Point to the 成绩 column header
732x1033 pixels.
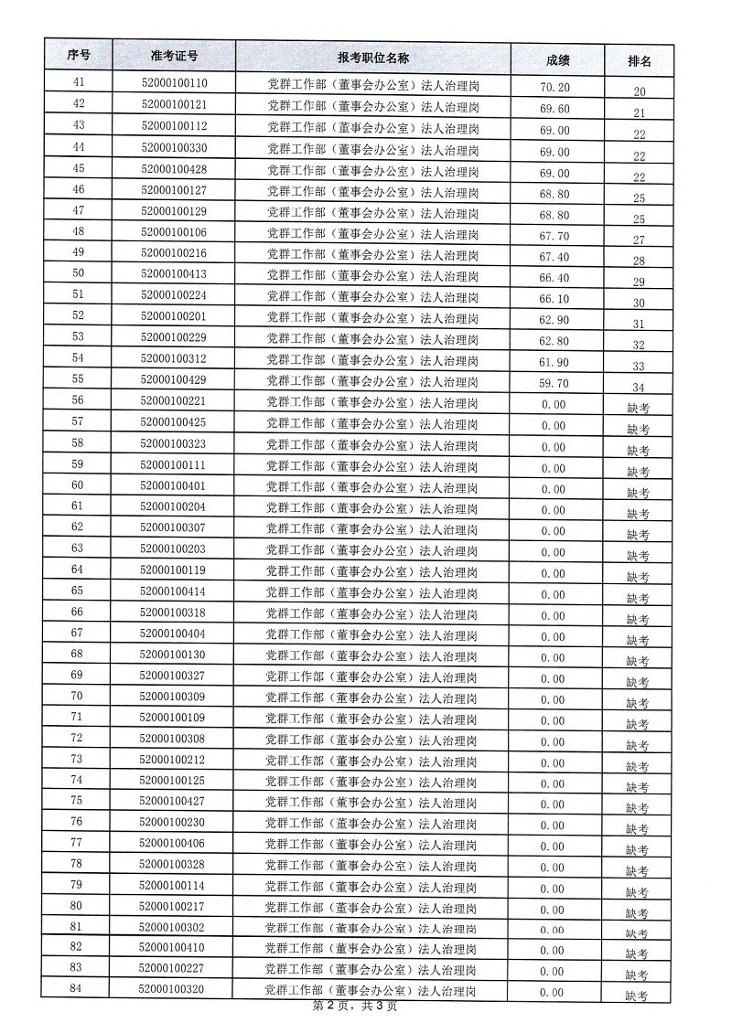pyautogui.click(x=557, y=60)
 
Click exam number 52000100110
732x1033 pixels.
pyautogui.click(x=174, y=85)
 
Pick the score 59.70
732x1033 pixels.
pyautogui.click(x=554, y=383)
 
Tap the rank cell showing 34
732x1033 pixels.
pyautogui.click(x=639, y=387)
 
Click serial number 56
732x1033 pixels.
pyautogui.click(x=78, y=400)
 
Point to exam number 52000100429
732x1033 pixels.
pyautogui.click(x=173, y=379)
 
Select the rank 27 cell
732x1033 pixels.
pyautogui.click(x=639, y=240)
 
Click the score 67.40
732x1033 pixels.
pyautogui.click(x=554, y=257)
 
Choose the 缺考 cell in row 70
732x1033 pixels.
pyautogui.click(x=638, y=703)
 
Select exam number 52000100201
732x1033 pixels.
pyautogui.click(x=173, y=316)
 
